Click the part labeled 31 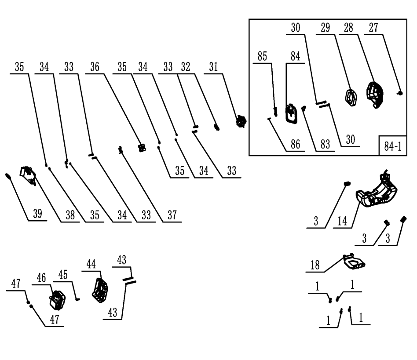tap(241, 120)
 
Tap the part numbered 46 tap(58, 300)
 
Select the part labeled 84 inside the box tap(291, 113)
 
